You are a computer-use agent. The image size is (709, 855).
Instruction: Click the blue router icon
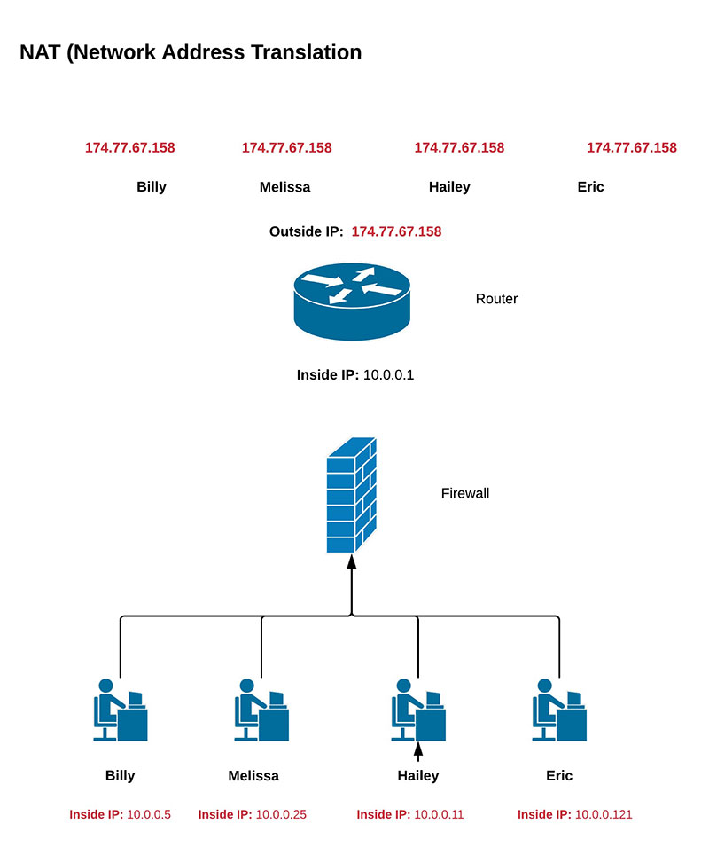point(352,302)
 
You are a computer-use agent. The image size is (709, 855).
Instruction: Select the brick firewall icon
point(352,495)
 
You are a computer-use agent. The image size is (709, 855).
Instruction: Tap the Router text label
point(496,299)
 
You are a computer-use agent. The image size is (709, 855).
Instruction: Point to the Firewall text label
point(465,493)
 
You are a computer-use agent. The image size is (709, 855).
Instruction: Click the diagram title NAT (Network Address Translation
point(191,52)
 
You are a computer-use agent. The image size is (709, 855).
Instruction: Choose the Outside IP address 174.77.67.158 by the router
point(396,231)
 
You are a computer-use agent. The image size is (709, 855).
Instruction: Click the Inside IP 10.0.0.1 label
point(355,374)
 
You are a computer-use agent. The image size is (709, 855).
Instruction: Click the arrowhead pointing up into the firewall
point(352,562)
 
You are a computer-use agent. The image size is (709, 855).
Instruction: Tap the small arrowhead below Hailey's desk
point(418,752)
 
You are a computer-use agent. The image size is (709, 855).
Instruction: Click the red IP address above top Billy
point(129,148)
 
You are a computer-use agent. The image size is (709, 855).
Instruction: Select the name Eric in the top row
point(590,187)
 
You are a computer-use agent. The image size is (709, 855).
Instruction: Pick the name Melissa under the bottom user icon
point(253,776)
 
